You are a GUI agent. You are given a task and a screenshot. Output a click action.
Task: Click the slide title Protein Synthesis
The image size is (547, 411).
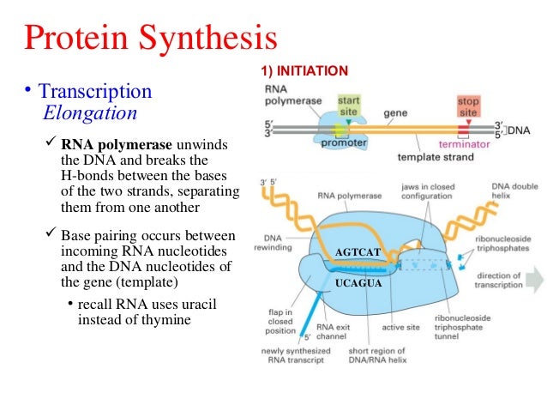tap(150, 39)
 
